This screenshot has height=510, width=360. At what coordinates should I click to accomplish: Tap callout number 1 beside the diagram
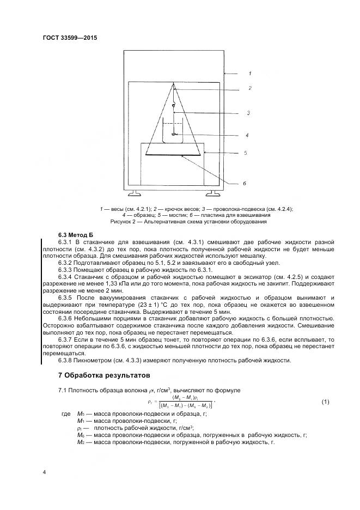coord(249,73)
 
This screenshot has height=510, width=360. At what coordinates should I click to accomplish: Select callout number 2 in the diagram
coord(249,88)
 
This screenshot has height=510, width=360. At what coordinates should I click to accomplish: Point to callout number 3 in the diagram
coord(248,113)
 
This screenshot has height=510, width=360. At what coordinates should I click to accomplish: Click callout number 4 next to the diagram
coord(247,134)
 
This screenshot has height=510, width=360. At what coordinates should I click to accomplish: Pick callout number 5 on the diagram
coord(245,153)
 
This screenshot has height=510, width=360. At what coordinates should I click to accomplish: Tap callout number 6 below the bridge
coord(245,183)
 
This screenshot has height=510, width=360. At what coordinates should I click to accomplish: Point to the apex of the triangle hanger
coord(174,84)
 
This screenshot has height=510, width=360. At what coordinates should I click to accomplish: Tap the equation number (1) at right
coord(325,402)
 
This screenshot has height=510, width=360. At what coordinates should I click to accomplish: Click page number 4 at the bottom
coord(44,472)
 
